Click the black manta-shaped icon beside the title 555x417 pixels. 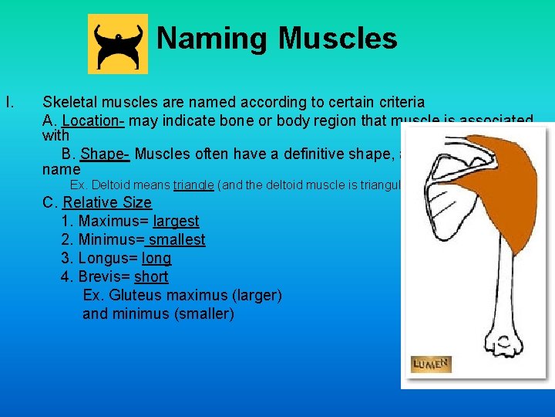[118, 43]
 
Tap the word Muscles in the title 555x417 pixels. [337, 38]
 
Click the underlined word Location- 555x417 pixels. [93, 121]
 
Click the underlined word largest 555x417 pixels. [177, 222]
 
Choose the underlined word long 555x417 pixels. [157, 259]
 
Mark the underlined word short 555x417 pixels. [151, 277]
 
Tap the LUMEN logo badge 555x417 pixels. [431, 364]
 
